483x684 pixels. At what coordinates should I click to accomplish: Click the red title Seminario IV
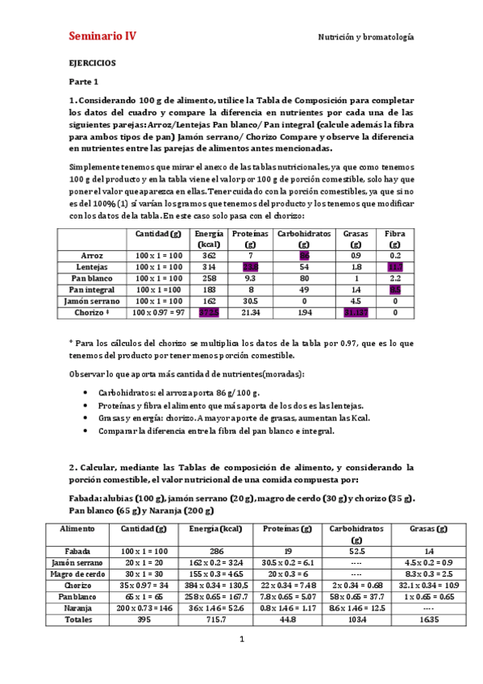102,36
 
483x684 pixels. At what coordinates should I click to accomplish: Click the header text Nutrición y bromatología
365,37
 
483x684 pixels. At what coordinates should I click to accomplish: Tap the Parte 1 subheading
83,81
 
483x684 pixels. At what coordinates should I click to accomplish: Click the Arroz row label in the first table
92,255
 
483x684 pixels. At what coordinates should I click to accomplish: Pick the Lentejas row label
92,266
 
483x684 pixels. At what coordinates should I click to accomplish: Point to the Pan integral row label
92,289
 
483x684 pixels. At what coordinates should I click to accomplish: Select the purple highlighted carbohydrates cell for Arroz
304,255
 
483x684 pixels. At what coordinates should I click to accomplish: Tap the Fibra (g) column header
394,238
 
